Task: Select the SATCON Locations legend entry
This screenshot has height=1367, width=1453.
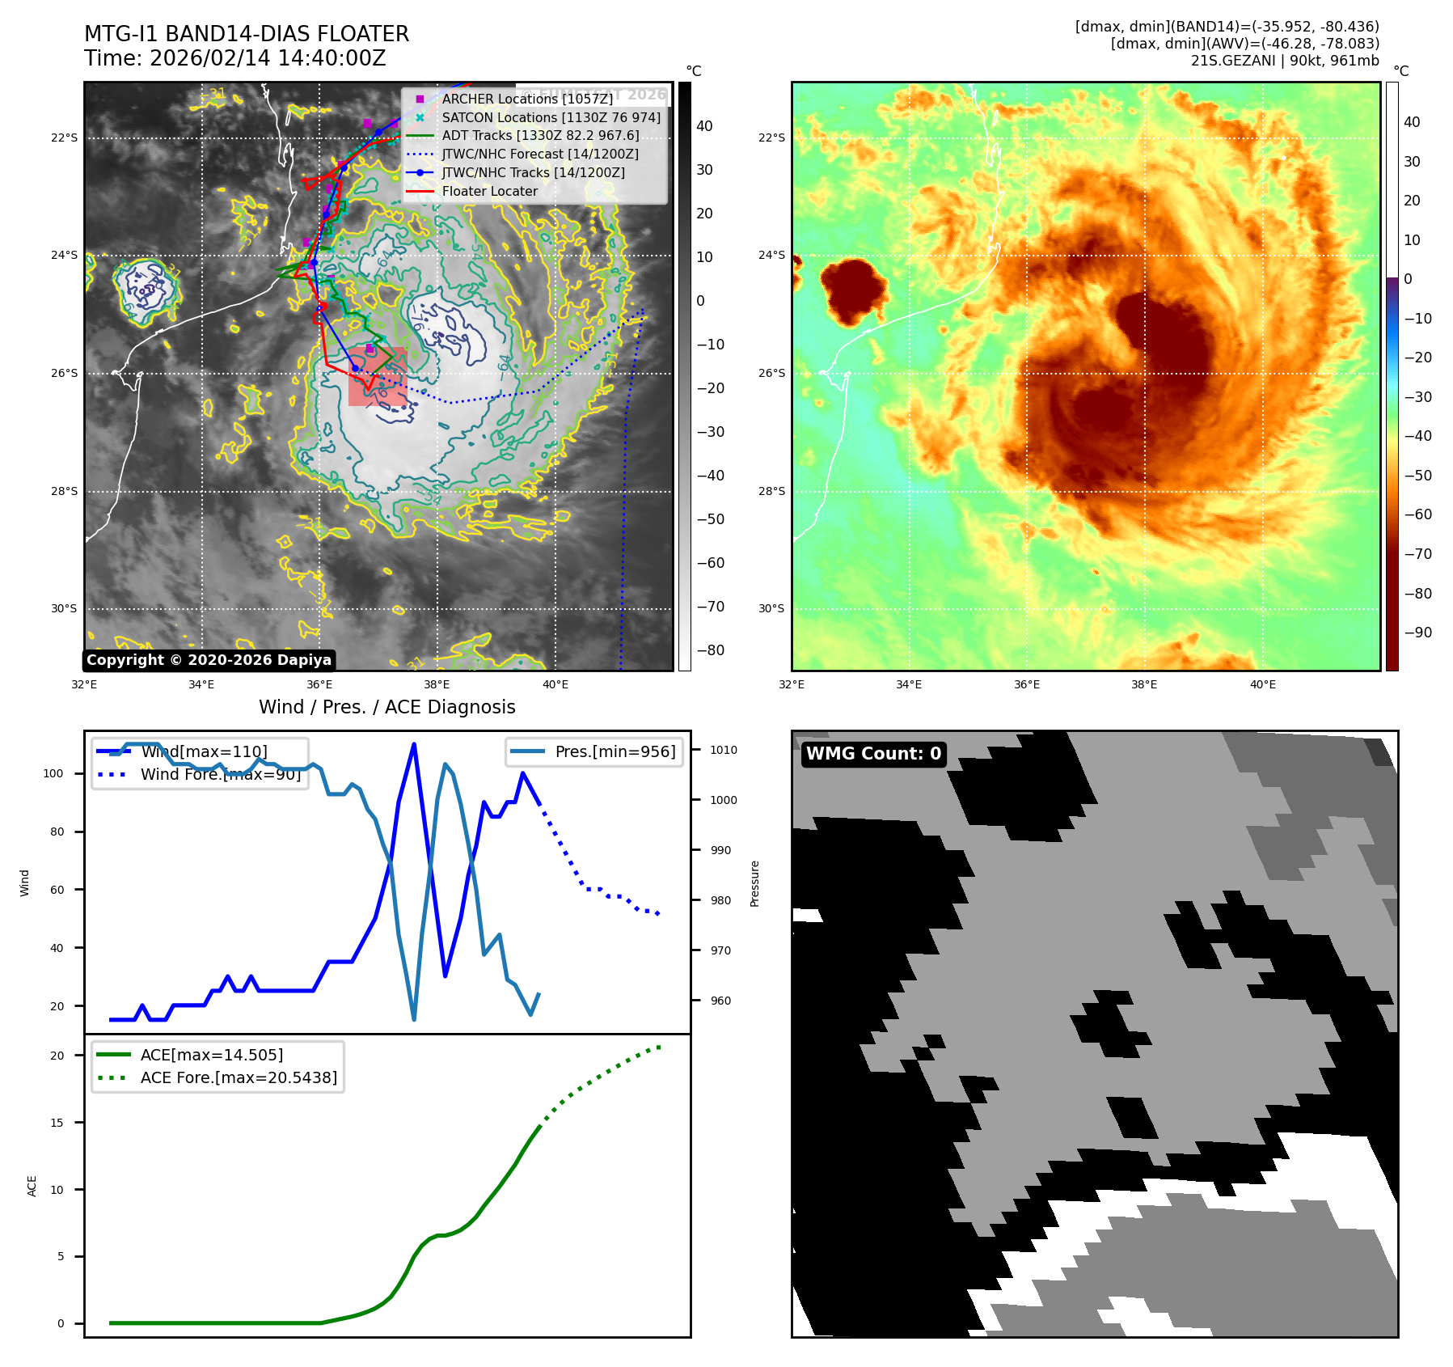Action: (x=551, y=117)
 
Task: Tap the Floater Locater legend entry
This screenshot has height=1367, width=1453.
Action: (x=489, y=191)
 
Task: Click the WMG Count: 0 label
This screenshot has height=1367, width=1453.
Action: (x=873, y=754)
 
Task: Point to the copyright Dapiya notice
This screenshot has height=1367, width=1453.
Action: (x=209, y=660)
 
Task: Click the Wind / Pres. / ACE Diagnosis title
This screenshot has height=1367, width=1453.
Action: (x=386, y=707)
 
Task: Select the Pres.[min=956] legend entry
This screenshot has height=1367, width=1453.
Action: (x=615, y=751)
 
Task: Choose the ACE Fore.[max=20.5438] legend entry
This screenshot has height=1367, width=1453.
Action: (x=239, y=1077)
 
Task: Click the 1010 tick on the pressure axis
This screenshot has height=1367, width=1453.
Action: (x=724, y=750)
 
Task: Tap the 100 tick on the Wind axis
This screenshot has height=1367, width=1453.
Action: (x=53, y=773)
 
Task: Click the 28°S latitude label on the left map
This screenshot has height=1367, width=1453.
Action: (x=65, y=491)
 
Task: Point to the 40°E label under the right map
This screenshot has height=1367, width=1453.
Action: (x=1262, y=684)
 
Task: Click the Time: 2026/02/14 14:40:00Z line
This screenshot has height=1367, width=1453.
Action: (x=234, y=58)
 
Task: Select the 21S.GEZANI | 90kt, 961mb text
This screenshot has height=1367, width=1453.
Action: (x=1285, y=61)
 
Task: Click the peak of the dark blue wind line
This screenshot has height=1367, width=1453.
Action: (x=414, y=744)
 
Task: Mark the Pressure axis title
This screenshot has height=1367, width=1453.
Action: (x=754, y=883)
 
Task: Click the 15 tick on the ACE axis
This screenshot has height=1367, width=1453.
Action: (x=57, y=1122)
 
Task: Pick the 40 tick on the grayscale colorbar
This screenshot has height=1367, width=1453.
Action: (x=704, y=126)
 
